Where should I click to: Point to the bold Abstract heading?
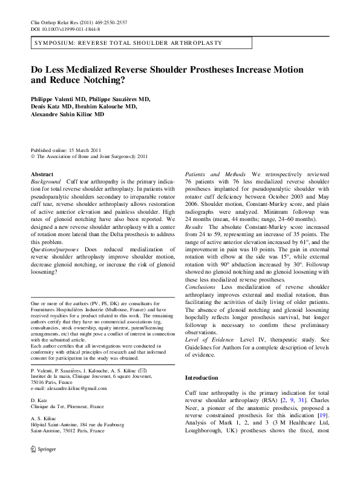coord(42,174)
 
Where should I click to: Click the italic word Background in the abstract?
coord(46,182)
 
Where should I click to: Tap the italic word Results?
coord(195,233)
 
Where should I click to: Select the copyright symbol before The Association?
coord(33,156)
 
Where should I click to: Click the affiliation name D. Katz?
coord(39,399)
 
